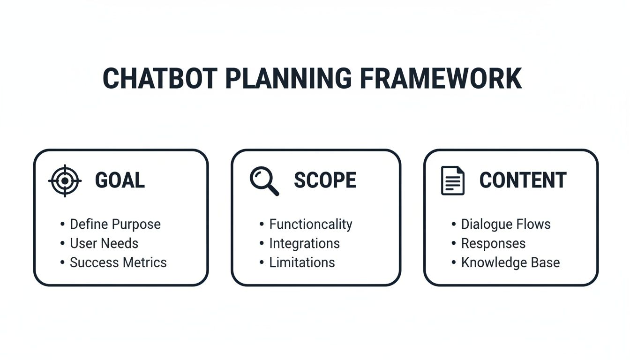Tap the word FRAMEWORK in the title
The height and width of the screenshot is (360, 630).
[x=441, y=79]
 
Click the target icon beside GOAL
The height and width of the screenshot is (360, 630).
[x=65, y=180]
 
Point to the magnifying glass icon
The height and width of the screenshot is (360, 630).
[x=264, y=181]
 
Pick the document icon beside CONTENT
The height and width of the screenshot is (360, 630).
[x=453, y=180]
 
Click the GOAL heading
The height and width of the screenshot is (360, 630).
[x=120, y=180]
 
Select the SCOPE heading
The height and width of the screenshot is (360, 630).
[x=325, y=180]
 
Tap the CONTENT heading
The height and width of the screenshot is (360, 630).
[x=523, y=180]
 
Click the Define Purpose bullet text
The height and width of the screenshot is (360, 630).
[x=115, y=225]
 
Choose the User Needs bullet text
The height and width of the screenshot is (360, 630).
[x=104, y=244]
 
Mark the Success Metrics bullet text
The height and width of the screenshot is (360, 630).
[x=118, y=262]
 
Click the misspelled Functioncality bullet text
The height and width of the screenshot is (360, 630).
[x=310, y=225]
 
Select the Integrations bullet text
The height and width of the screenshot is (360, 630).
[x=304, y=244]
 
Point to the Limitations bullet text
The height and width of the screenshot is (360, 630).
[x=302, y=262]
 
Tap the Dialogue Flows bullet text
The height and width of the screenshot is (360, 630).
[x=506, y=225]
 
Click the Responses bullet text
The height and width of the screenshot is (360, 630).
[x=493, y=244]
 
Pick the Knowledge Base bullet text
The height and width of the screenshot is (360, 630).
[x=510, y=262]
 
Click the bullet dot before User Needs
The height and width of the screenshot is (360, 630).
[x=63, y=244]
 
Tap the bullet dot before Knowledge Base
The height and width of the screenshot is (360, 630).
[x=454, y=262]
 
